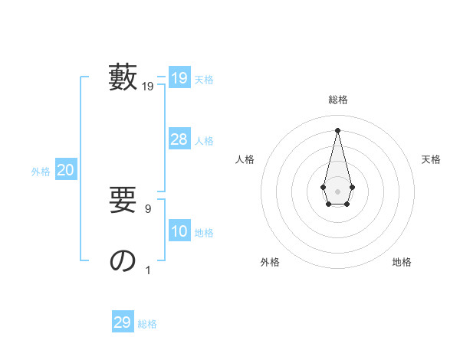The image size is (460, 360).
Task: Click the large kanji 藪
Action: (x=123, y=78)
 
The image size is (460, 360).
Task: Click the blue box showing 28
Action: (x=179, y=139)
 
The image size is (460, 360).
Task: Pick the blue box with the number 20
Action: (x=65, y=170)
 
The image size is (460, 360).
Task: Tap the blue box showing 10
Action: (x=179, y=231)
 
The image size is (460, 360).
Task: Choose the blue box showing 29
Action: (x=123, y=322)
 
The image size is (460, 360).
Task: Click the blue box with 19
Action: (x=179, y=78)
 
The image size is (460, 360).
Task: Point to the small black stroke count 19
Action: (x=148, y=87)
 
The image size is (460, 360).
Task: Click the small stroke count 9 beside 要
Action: (x=148, y=209)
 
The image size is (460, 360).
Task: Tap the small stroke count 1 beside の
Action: (x=148, y=270)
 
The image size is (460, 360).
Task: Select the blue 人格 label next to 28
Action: (x=204, y=141)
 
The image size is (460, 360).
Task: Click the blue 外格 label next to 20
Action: (x=41, y=172)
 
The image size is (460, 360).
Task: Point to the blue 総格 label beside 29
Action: (x=147, y=324)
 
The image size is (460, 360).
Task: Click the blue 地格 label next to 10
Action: (x=204, y=233)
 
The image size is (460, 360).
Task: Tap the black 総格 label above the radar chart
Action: (x=337, y=100)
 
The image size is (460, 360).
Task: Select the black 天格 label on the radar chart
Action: (x=431, y=159)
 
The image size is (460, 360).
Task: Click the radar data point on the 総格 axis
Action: (x=337, y=129)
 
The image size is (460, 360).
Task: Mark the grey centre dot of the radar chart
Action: (x=337, y=191)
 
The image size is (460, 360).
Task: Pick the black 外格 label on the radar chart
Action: (x=270, y=262)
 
